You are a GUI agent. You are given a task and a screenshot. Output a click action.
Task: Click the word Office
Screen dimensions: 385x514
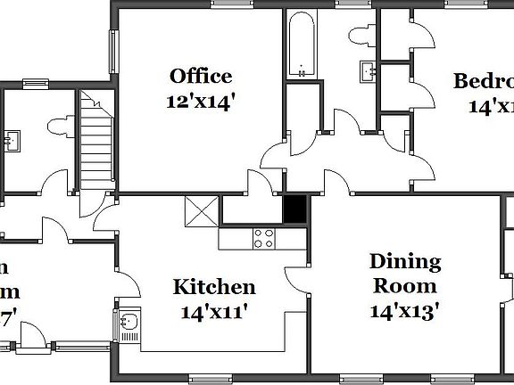pyautogui.click(x=201, y=76)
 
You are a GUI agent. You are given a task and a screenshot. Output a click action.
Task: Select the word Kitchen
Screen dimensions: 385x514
pyautogui.click(x=214, y=287)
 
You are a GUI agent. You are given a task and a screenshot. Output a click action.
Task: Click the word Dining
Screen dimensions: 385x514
pyautogui.click(x=405, y=261)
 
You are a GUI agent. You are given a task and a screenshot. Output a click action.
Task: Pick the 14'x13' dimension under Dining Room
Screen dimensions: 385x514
pyautogui.click(x=404, y=311)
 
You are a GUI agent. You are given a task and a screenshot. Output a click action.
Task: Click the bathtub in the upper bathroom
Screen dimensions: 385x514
pyautogui.click(x=301, y=45)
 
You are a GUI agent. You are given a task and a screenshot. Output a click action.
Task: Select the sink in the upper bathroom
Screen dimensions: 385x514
pyautogui.click(x=367, y=70)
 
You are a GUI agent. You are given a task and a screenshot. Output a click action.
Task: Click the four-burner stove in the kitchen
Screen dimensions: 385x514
pyautogui.click(x=264, y=238)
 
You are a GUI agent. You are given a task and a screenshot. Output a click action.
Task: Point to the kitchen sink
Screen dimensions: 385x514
pyautogui.click(x=129, y=324)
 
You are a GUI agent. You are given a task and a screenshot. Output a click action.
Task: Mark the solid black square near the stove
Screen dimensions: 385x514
pyautogui.click(x=294, y=209)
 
